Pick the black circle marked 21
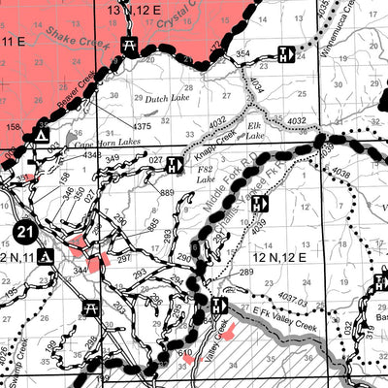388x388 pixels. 26,231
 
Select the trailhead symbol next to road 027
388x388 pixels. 175,165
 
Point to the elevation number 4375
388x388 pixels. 143,125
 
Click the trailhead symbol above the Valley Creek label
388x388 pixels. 219,306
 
